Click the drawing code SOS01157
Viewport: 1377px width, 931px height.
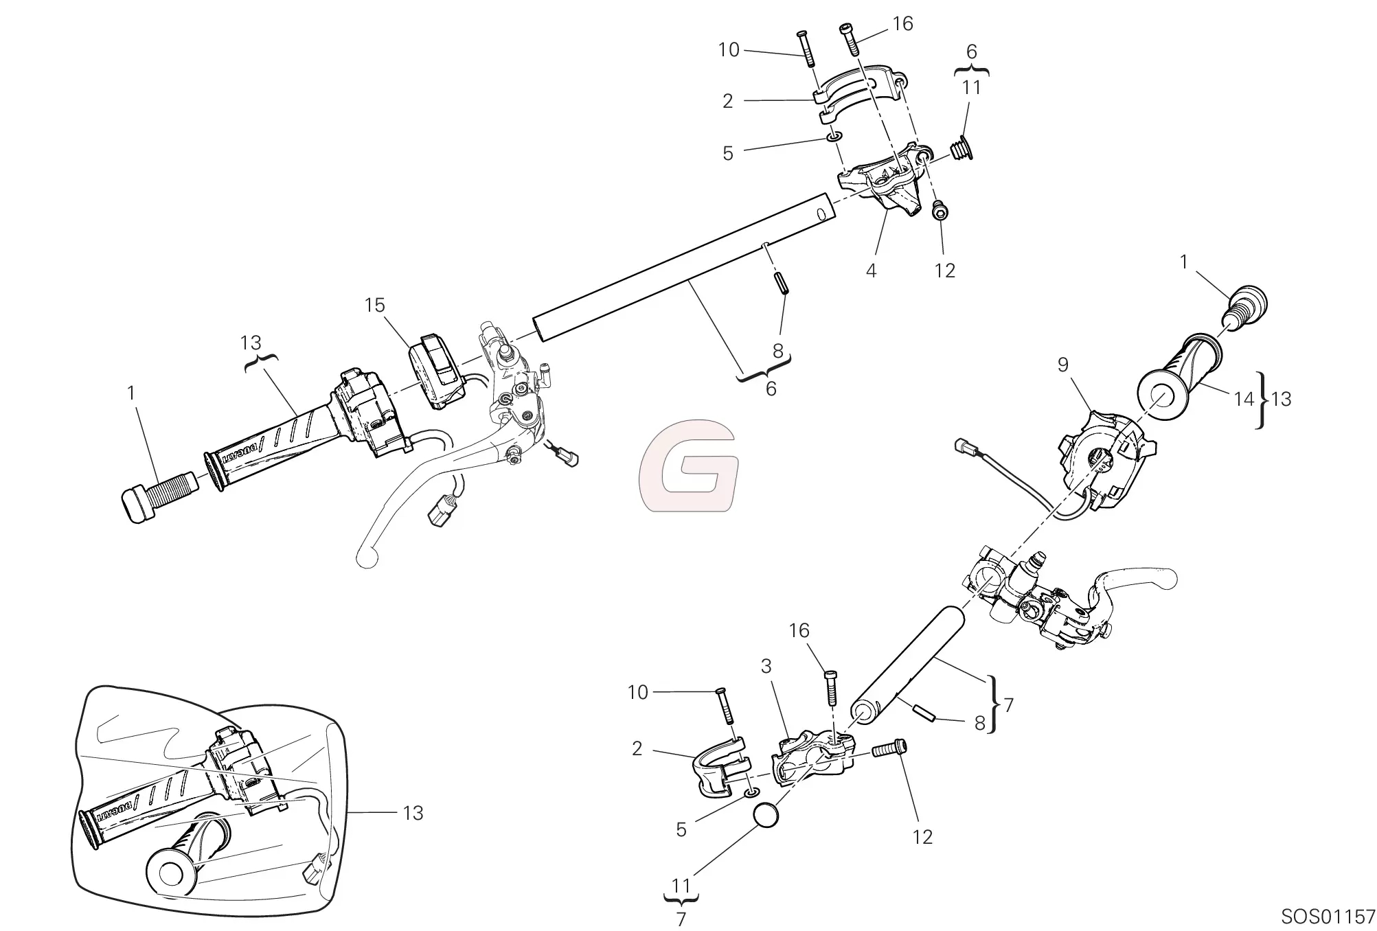[1328, 917]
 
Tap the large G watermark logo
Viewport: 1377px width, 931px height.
[688, 466]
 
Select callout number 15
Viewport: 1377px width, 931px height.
[374, 306]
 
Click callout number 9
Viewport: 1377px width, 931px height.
[1063, 365]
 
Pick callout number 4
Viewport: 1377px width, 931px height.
[871, 271]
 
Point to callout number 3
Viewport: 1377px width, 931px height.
[766, 666]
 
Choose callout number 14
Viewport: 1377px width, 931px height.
[1244, 399]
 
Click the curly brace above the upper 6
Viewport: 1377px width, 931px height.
[971, 71]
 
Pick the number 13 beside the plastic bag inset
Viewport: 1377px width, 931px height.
[413, 813]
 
